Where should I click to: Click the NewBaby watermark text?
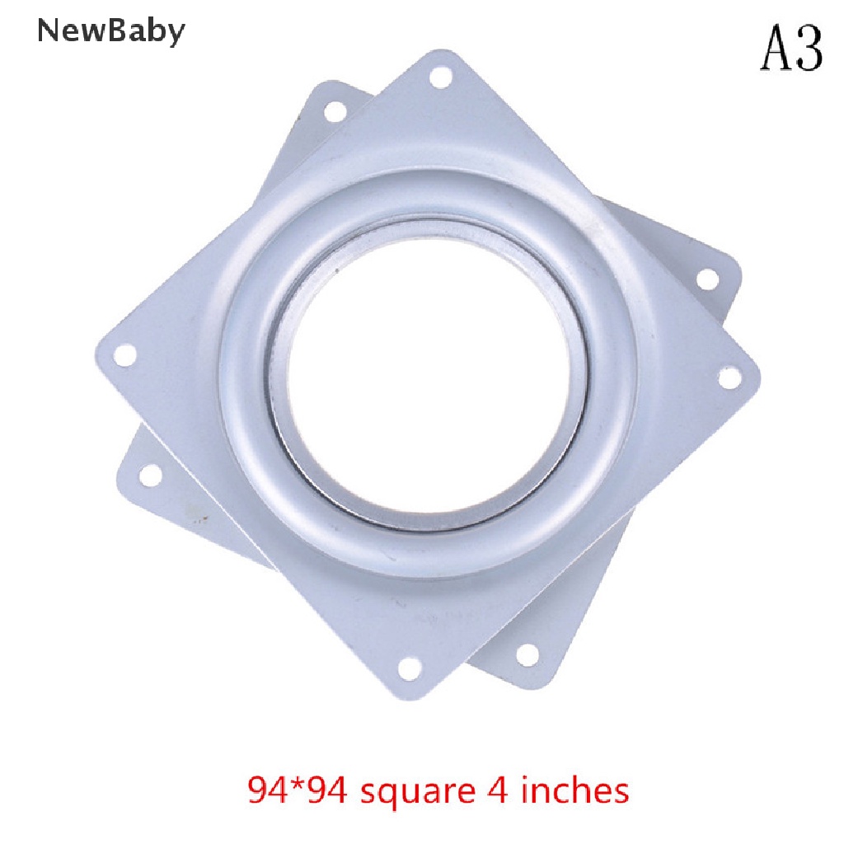point(111,32)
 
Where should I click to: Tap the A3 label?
point(791,49)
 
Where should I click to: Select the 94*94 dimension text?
point(297,790)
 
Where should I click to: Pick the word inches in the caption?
point(575,790)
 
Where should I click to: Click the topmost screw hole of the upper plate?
point(440,77)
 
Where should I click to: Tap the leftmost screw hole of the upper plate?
point(125,355)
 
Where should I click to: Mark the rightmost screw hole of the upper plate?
point(730,377)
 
